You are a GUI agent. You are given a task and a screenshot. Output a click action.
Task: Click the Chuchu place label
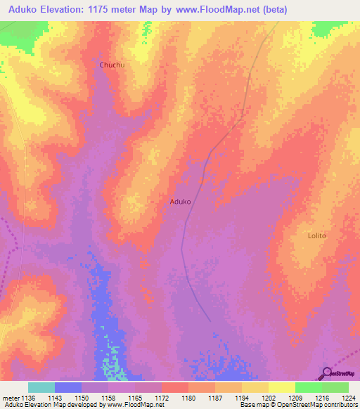click(x=112, y=65)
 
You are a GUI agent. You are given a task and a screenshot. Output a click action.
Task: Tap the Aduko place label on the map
click(x=180, y=202)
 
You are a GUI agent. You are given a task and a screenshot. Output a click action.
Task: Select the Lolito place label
click(x=317, y=235)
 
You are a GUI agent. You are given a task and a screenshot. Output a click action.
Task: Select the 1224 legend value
click(x=349, y=398)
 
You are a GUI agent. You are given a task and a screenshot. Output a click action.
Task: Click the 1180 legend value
click(x=188, y=398)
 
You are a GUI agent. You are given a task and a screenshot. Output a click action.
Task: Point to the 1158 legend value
click(x=108, y=398)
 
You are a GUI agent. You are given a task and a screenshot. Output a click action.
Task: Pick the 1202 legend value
click(x=269, y=398)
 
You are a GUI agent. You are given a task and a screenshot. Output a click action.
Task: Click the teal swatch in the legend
click(x=41, y=387)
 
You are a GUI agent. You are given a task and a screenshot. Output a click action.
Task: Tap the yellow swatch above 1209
click(x=281, y=387)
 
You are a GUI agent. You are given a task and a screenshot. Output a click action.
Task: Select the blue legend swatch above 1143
click(x=68, y=387)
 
